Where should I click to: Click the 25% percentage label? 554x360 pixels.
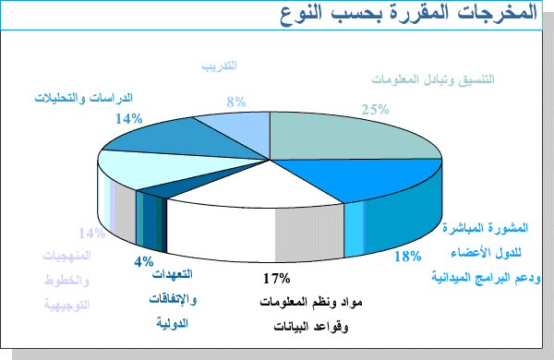click(x=374, y=109)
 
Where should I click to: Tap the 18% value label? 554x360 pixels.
click(x=407, y=256)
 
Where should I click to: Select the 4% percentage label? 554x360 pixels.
click(x=143, y=261)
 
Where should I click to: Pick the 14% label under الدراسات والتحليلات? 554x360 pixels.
click(x=128, y=119)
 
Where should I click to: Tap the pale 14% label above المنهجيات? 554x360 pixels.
click(x=91, y=234)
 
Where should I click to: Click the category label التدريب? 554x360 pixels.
click(x=221, y=66)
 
